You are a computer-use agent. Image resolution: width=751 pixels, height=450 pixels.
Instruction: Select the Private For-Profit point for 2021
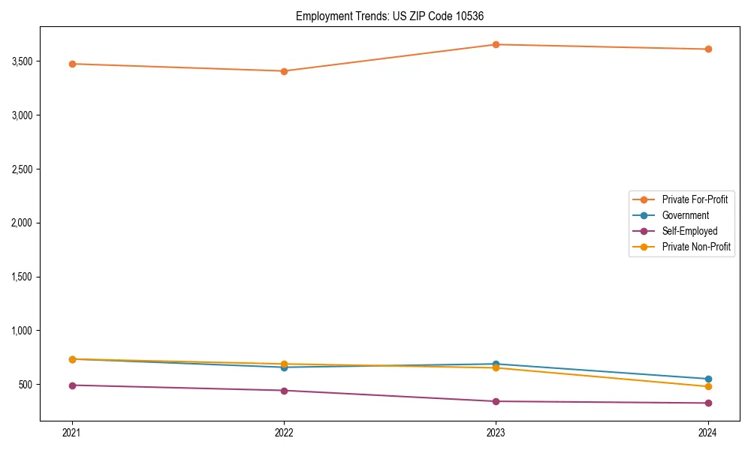[x=72, y=64]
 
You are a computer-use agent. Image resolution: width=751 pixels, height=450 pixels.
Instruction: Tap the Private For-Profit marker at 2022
[x=284, y=71]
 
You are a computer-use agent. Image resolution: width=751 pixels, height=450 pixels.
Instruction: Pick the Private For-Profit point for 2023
[x=496, y=44]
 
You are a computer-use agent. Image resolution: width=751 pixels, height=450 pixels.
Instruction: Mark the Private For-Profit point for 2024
[x=707, y=49]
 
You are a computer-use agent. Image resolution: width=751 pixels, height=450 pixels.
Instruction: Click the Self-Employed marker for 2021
[x=72, y=385]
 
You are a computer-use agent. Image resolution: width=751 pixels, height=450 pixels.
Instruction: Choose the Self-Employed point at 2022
[x=284, y=391]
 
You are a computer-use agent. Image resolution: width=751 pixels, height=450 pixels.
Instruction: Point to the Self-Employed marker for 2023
[x=496, y=401]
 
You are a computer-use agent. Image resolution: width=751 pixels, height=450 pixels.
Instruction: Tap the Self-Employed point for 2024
[x=707, y=403]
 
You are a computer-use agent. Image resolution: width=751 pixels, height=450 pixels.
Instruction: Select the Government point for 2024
[x=707, y=379]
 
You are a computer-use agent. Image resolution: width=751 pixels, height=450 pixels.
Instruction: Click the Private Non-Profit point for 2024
[x=707, y=386]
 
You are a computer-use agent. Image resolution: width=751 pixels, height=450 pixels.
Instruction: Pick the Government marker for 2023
[x=496, y=364]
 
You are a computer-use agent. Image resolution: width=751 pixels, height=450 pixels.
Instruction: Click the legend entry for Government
[x=685, y=215]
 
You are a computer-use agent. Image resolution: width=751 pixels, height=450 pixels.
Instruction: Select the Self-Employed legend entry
[x=689, y=231]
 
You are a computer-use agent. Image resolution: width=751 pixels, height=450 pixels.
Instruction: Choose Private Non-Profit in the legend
[x=696, y=247]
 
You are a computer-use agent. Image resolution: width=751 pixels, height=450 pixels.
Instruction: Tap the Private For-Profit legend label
[x=695, y=199]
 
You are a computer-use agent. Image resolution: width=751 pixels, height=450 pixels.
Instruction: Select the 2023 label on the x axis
[x=496, y=432]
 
